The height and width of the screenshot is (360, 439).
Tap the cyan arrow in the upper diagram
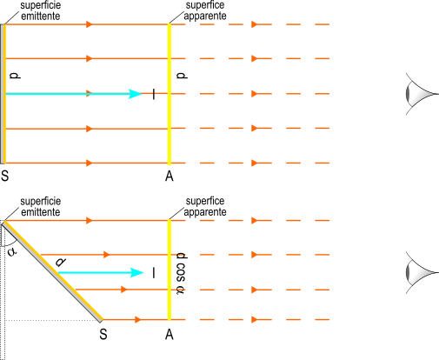click(74, 94)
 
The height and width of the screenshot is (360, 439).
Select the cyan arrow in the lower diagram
click(101, 273)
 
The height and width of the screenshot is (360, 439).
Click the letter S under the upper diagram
click(5, 176)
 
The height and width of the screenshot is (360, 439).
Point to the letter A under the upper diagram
click(170, 176)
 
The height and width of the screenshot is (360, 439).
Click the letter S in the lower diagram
click(103, 334)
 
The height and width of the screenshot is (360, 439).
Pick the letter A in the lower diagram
click(170, 335)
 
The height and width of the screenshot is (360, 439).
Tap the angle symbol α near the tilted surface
click(12, 251)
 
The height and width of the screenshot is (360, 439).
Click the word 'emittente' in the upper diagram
click(41, 17)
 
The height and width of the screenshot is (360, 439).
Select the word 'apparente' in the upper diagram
click(205, 16)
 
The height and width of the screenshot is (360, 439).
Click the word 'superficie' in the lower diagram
click(41, 201)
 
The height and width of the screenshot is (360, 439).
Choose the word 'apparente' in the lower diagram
click(205, 212)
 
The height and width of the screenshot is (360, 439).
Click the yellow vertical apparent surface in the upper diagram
click(170, 94)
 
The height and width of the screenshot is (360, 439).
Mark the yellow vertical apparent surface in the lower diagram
click(170, 270)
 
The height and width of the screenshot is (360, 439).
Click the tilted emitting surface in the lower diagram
click(53, 271)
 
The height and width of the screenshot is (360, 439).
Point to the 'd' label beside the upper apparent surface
click(182, 76)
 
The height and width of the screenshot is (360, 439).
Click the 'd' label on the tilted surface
click(61, 262)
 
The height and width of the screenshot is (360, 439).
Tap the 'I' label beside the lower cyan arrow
click(154, 273)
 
